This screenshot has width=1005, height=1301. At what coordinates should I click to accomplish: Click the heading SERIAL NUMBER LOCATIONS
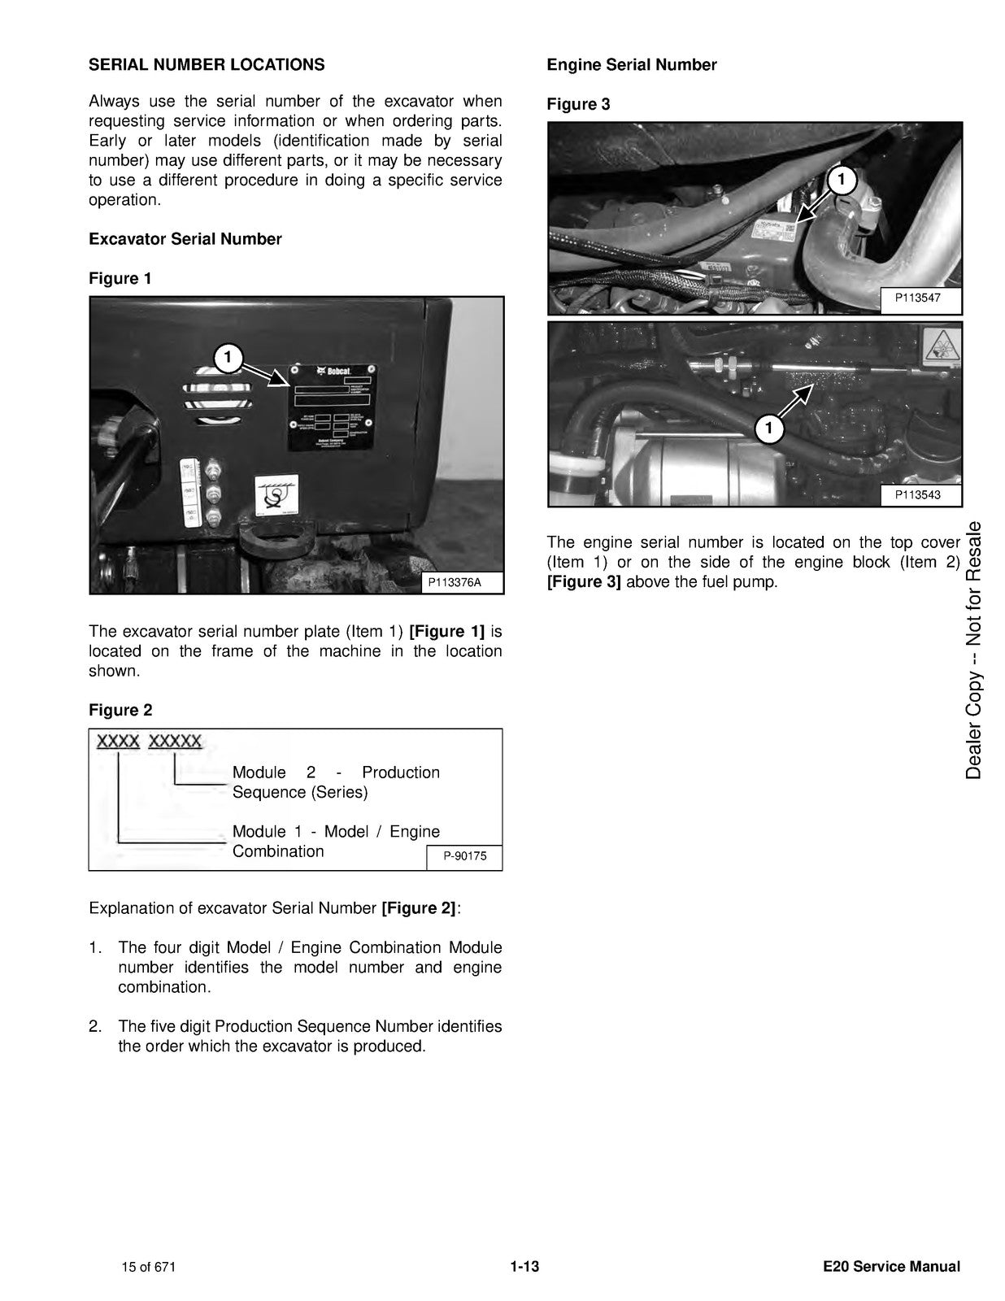coord(207,65)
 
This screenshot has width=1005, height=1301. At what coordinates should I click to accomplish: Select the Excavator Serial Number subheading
coord(185,239)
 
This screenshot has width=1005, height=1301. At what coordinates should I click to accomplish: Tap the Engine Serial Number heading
coord(632,65)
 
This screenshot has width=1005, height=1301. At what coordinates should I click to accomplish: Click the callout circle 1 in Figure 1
coord(228,357)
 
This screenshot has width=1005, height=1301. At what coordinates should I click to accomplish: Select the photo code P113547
coord(917,298)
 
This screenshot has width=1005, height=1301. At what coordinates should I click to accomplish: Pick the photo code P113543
coord(917,494)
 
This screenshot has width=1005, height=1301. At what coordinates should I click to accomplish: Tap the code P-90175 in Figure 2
coord(464,856)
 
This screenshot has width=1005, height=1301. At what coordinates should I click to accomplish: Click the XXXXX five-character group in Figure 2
coord(176,742)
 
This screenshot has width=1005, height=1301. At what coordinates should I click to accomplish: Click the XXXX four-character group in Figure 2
coord(118,742)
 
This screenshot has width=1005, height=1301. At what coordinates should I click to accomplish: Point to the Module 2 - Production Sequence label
coord(336,782)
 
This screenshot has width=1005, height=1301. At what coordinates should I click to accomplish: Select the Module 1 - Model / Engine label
coord(336,841)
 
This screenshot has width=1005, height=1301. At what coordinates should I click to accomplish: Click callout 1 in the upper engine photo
coord(842,180)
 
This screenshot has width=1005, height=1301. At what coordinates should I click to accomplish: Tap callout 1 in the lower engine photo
coord(769,428)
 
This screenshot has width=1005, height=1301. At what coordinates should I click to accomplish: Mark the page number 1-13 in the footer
coord(525,1266)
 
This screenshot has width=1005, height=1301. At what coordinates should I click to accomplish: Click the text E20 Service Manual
coord(891,1266)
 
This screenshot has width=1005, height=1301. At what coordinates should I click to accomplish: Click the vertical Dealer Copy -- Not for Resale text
coord(973,650)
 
